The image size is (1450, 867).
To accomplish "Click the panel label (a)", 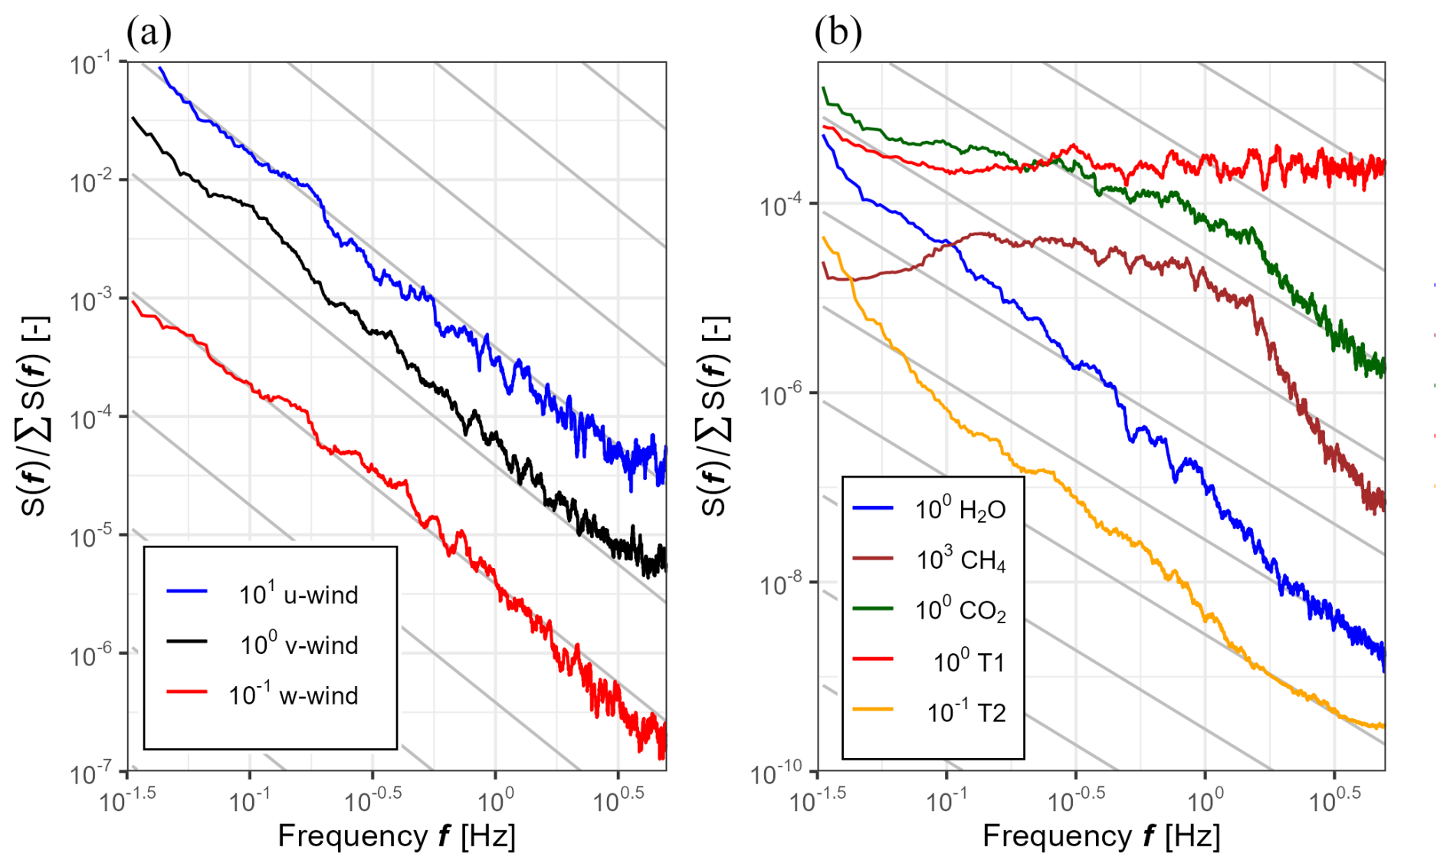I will pyautogui.click(x=149, y=33).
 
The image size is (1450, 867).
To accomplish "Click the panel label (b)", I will pyautogui.click(x=838, y=33).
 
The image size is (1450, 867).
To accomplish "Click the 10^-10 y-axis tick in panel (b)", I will pyautogui.click(x=776, y=772).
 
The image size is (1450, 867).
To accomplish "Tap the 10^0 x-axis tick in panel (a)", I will pyautogui.click(x=495, y=801).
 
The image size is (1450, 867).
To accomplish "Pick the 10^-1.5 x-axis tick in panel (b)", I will pyautogui.click(x=818, y=801).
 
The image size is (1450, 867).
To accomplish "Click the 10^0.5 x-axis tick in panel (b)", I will pyautogui.click(x=1334, y=801).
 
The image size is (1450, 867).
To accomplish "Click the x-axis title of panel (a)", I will pyautogui.click(x=396, y=836).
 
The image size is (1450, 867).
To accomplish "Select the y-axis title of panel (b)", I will pyautogui.click(x=715, y=415).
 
